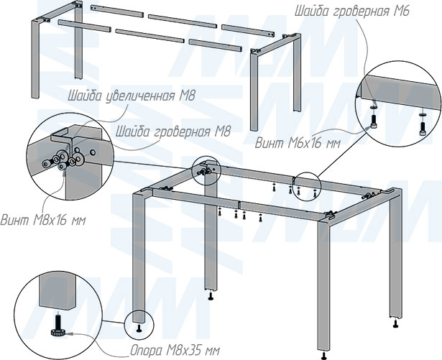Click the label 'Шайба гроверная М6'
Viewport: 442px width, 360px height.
(351, 11)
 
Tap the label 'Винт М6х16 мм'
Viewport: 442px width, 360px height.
(298, 144)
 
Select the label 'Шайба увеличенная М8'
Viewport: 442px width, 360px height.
(131, 96)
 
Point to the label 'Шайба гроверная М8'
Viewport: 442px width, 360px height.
(173, 131)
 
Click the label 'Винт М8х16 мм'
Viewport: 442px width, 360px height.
(43, 220)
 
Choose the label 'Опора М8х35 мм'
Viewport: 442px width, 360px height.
(175, 351)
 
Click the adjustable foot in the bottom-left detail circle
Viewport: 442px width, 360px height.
(58, 324)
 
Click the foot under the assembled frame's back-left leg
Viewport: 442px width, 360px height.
(211, 296)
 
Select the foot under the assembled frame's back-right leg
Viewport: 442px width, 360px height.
(396, 323)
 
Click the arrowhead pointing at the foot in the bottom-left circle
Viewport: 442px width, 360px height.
(70, 333)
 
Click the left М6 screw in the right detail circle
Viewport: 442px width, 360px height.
(374, 121)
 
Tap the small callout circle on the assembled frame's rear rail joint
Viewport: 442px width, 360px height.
(307, 187)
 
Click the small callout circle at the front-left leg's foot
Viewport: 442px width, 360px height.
(139, 325)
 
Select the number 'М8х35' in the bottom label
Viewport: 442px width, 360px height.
(183, 351)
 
